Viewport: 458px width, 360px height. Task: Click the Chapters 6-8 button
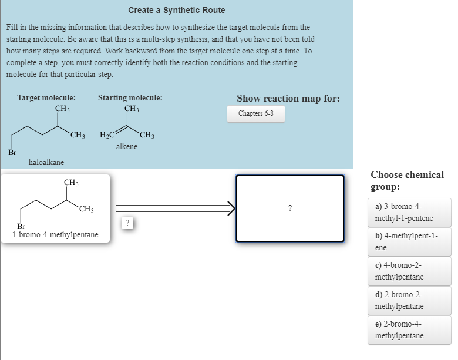(x=255, y=113)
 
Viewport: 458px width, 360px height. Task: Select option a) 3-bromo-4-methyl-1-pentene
(x=409, y=213)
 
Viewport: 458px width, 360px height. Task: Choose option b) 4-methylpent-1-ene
(x=409, y=242)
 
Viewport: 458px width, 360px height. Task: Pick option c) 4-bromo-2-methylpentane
(x=409, y=271)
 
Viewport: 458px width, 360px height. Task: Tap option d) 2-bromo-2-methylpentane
(x=409, y=301)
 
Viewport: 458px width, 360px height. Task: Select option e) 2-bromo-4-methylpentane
(x=409, y=330)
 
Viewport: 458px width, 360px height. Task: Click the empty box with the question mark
(x=289, y=208)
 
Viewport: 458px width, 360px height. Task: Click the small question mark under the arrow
(x=127, y=223)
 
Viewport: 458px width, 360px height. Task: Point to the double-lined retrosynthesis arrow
(x=174, y=207)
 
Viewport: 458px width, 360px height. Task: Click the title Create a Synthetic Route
(x=177, y=10)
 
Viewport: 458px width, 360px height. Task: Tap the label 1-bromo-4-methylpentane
(x=55, y=235)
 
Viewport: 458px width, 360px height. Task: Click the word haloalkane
(x=46, y=162)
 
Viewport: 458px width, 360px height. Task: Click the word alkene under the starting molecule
(x=127, y=146)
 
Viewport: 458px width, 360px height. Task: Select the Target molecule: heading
(x=46, y=98)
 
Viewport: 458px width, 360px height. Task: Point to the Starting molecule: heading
(x=130, y=98)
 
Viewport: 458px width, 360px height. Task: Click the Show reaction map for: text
(x=288, y=98)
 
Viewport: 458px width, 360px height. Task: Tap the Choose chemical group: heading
(x=407, y=180)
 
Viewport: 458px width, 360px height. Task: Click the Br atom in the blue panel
(x=12, y=152)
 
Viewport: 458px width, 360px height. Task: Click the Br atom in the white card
(x=22, y=226)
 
